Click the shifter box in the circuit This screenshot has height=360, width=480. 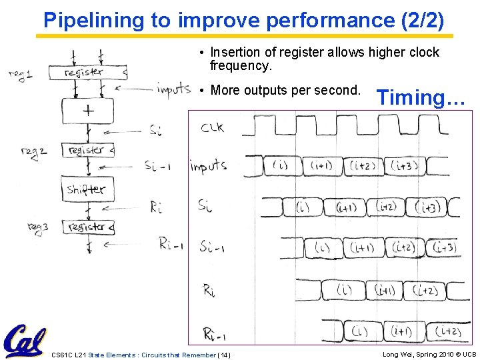point(86,189)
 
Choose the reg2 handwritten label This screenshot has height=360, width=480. point(33,152)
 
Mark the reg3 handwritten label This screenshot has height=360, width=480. point(39,228)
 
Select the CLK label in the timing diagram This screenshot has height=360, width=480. point(212,127)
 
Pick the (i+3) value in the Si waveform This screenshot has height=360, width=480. point(427,207)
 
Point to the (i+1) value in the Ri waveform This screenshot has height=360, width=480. point(385,290)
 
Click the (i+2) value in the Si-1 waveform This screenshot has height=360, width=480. point(404,247)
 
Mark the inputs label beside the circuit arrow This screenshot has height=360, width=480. point(173,89)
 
